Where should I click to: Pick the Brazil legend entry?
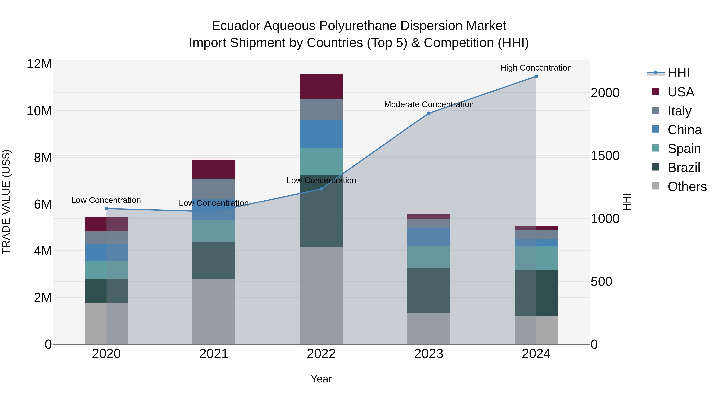pos(683,168)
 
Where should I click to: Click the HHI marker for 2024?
pos(536,76)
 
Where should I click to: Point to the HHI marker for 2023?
pos(429,113)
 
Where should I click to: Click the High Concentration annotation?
pos(536,68)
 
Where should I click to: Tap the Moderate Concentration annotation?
pos(429,104)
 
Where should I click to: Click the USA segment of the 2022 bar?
pos(321,86)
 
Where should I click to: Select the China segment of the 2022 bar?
pos(321,134)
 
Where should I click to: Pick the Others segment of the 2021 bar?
pos(214,311)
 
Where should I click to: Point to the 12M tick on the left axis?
pos(39,64)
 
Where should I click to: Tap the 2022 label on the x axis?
pos(321,354)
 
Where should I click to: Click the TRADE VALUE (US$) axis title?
pos(6,202)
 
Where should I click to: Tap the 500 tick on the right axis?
pos(601,282)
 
